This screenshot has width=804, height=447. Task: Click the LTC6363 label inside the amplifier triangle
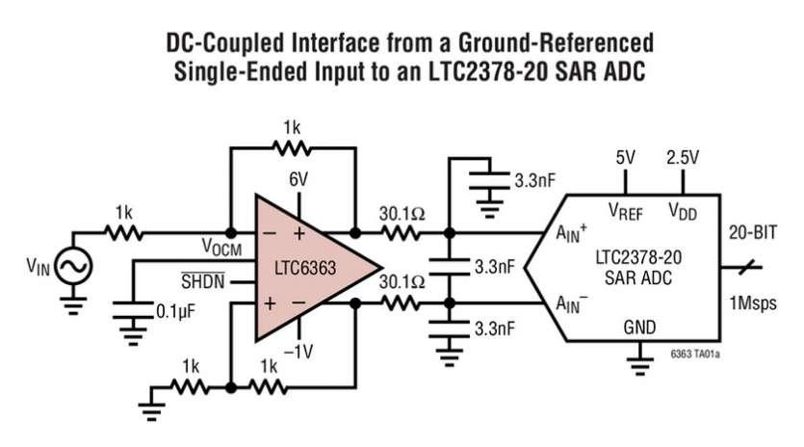(305, 268)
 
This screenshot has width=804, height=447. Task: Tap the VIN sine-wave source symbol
(73, 266)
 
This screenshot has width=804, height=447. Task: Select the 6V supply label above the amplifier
(298, 179)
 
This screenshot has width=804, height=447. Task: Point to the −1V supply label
(298, 352)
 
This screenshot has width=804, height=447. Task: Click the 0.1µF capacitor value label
(175, 311)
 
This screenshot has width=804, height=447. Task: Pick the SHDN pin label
(203, 281)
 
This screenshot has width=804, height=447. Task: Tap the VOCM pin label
(221, 248)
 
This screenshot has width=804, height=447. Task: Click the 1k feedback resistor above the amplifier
(292, 148)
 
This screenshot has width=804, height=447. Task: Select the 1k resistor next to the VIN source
(123, 233)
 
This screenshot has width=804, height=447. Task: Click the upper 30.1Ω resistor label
(402, 214)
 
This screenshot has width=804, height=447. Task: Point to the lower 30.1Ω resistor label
(402, 281)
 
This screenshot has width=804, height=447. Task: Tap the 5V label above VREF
(626, 158)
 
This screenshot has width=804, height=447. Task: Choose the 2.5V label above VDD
(683, 158)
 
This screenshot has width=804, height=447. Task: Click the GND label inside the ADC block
(639, 328)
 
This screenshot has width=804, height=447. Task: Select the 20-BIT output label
(753, 232)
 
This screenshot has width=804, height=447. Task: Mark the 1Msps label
(753, 302)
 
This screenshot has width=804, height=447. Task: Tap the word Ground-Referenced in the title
(556, 42)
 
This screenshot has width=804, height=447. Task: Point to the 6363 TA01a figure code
(695, 355)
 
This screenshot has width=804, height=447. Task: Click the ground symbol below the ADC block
(639, 362)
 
